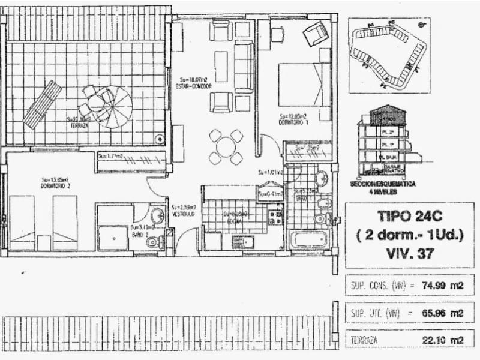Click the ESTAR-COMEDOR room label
[194, 86]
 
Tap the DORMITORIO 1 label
[293, 123]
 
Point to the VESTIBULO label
[182, 214]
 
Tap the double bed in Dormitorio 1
[304, 85]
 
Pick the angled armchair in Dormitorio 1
[315, 34]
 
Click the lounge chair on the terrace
[43, 104]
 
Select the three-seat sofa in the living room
[244, 66]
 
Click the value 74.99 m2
[445, 286]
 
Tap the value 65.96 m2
[445, 313]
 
